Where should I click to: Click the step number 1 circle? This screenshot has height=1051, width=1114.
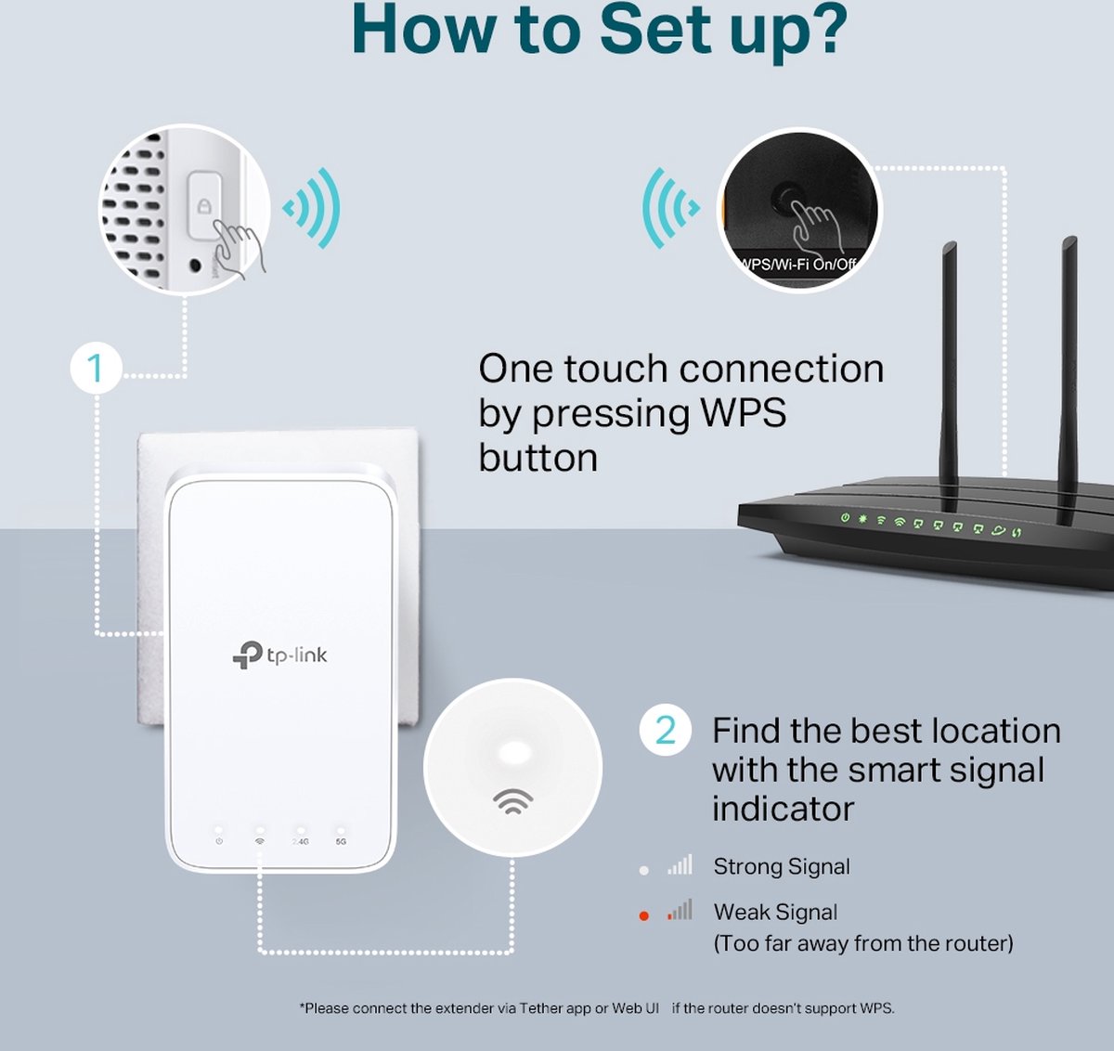pyautogui.click(x=96, y=369)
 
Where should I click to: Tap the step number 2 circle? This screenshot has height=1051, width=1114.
pyautogui.click(x=666, y=731)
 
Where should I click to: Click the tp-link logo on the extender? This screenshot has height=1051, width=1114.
pyautogui.click(x=279, y=655)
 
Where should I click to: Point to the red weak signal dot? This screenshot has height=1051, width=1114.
pyautogui.click(x=644, y=916)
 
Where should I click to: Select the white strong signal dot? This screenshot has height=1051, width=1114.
pyautogui.click(x=644, y=870)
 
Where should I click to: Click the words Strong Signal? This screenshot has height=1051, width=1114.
pyautogui.click(x=781, y=867)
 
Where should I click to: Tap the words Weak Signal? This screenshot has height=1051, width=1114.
pyautogui.click(x=775, y=913)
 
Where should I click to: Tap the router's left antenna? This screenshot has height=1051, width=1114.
pyautogui.click(x=948, y=362)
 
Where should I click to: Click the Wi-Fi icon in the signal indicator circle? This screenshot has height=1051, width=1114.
pyautogui.click(x=512, y=800)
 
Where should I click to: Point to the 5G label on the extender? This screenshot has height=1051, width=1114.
pyautogui.click(x=341, y=841)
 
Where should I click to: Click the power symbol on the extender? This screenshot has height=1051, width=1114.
pyautogui.click(x=219, y=841)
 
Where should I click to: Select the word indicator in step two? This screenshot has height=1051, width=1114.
pyautogui.click(x=783, y=809)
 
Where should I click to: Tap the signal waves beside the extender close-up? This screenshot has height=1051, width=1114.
pyautogui.click(x=314, y=208)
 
